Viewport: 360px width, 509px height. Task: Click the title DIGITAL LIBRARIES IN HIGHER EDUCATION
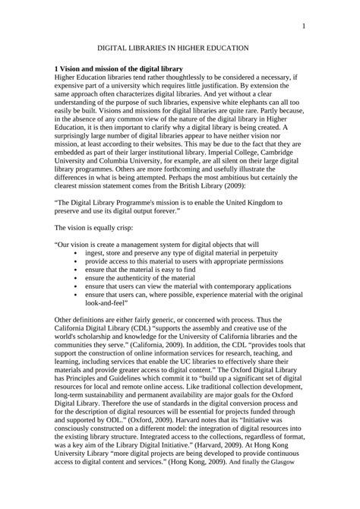click(x=179, y=48)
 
